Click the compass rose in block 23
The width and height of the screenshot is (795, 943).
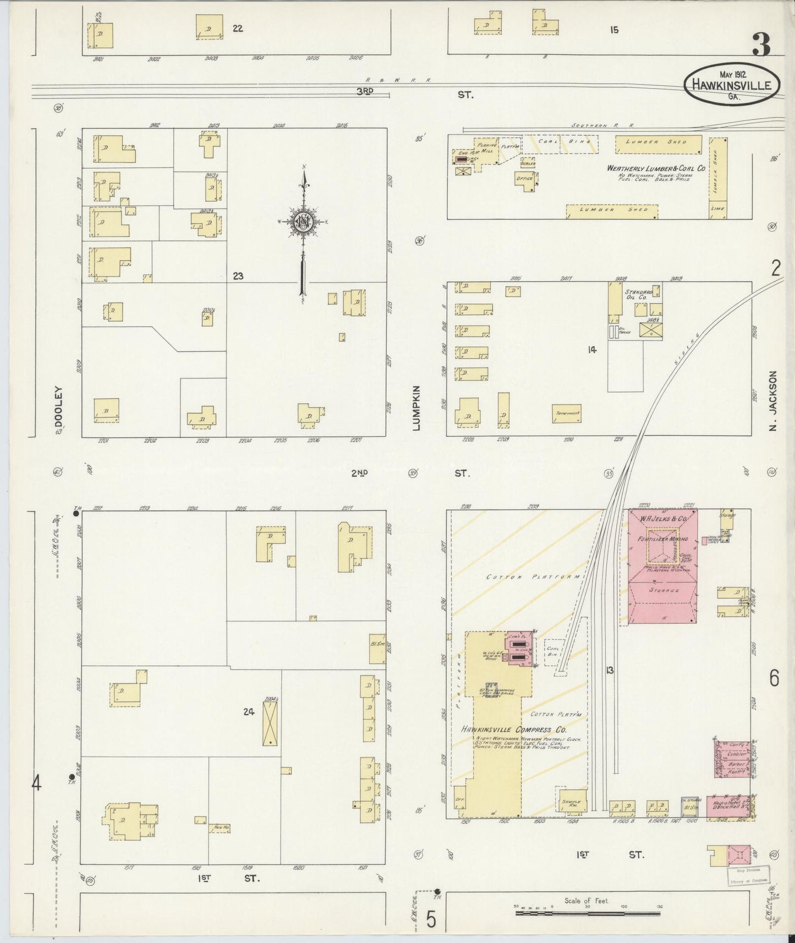coord(303,222)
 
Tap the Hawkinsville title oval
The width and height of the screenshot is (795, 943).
coord(732,85)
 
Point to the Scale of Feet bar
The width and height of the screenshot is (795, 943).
coord(588,913)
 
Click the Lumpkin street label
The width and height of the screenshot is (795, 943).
coord(417,408)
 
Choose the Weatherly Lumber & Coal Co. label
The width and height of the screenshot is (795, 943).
coord(656,168)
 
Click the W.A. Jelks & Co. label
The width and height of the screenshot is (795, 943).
coord(664,518)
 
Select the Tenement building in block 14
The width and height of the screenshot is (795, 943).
coord(567,414)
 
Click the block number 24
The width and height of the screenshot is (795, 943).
coord(249,712)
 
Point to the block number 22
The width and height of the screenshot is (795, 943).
coord(238,29)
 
